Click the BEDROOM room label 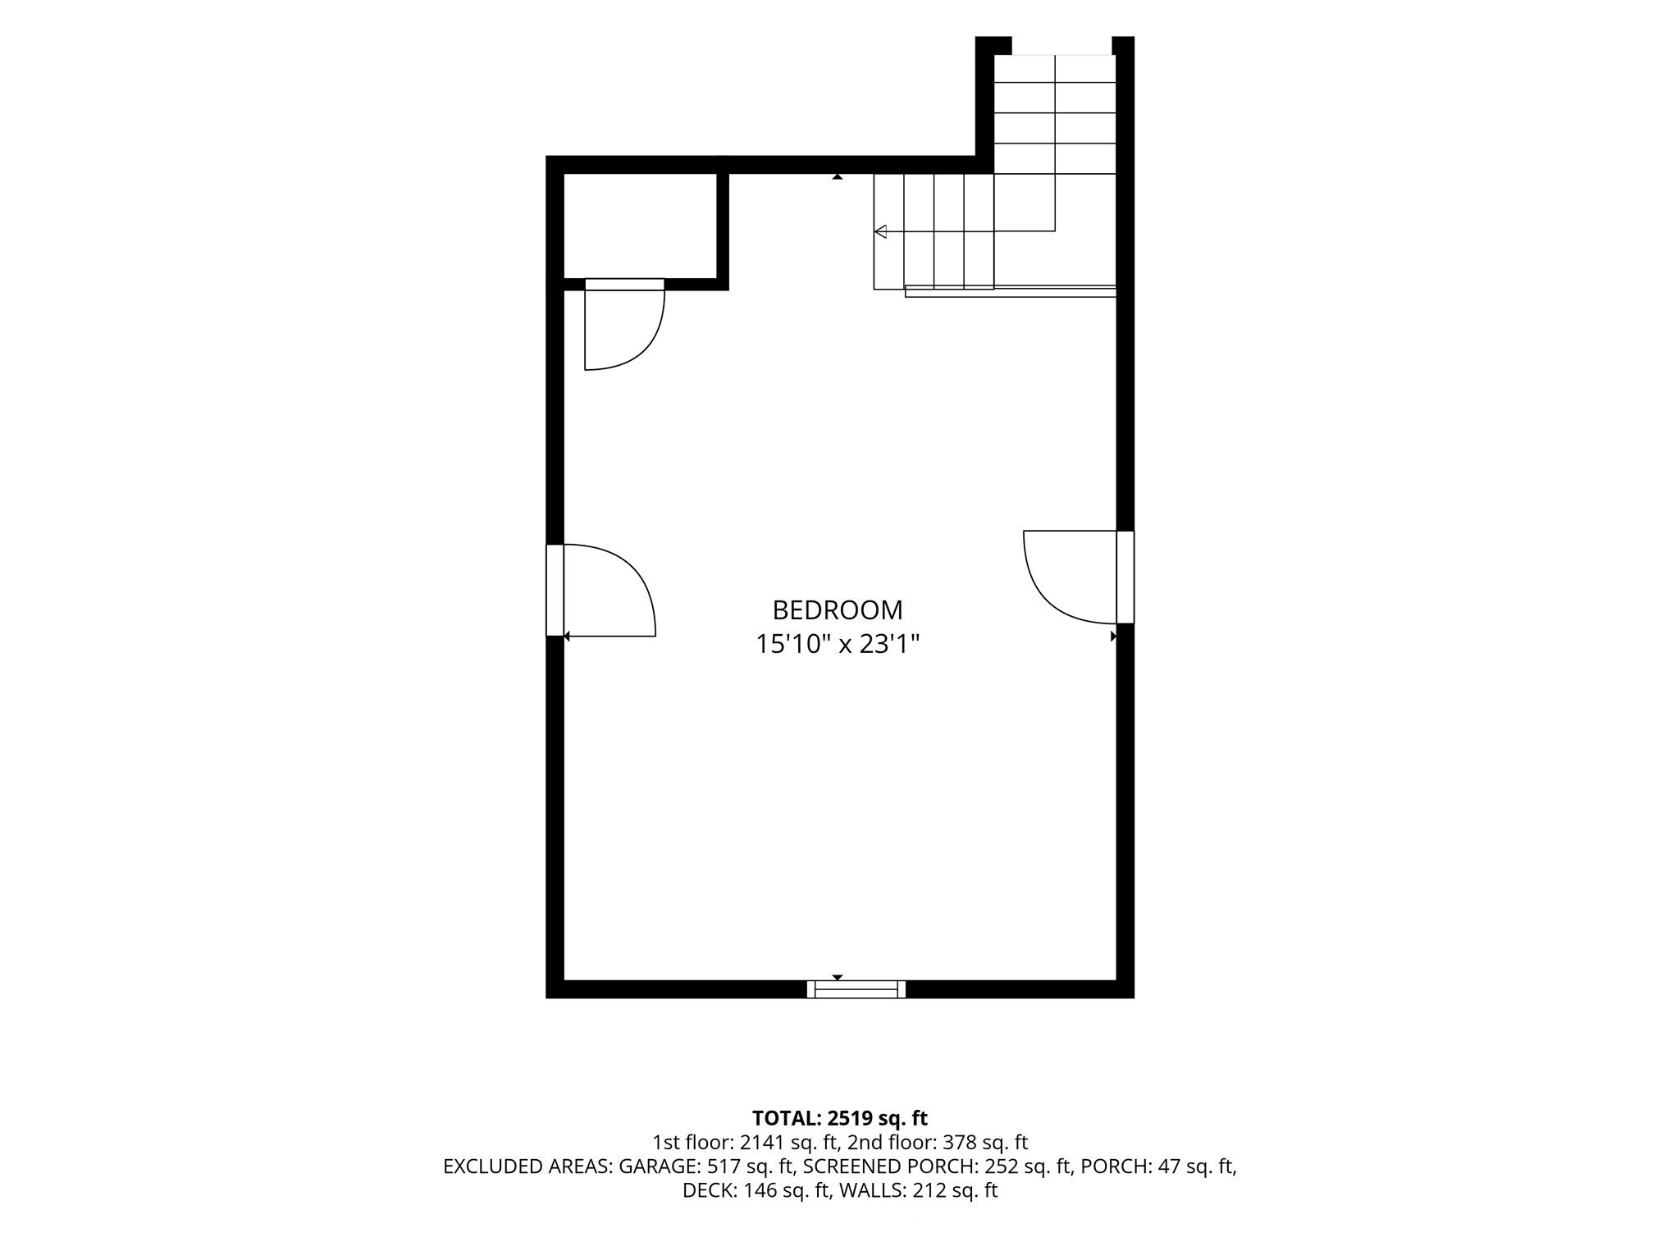coord(838,610)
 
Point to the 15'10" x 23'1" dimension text coord(838,645)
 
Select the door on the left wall coord(601,590)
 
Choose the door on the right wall coord(1079,577)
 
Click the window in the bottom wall coord(856,989)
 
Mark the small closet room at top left coord(641,226)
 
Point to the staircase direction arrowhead coord(880,231)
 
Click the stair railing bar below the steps coord(1011,290)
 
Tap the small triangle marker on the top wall coord(838,176)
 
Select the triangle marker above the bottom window coord(838,977)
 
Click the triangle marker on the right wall coord(1114,636)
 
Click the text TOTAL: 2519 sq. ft coord(840,1117)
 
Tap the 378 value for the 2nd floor coord(969,1142)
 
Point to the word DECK coord(708,1191)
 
